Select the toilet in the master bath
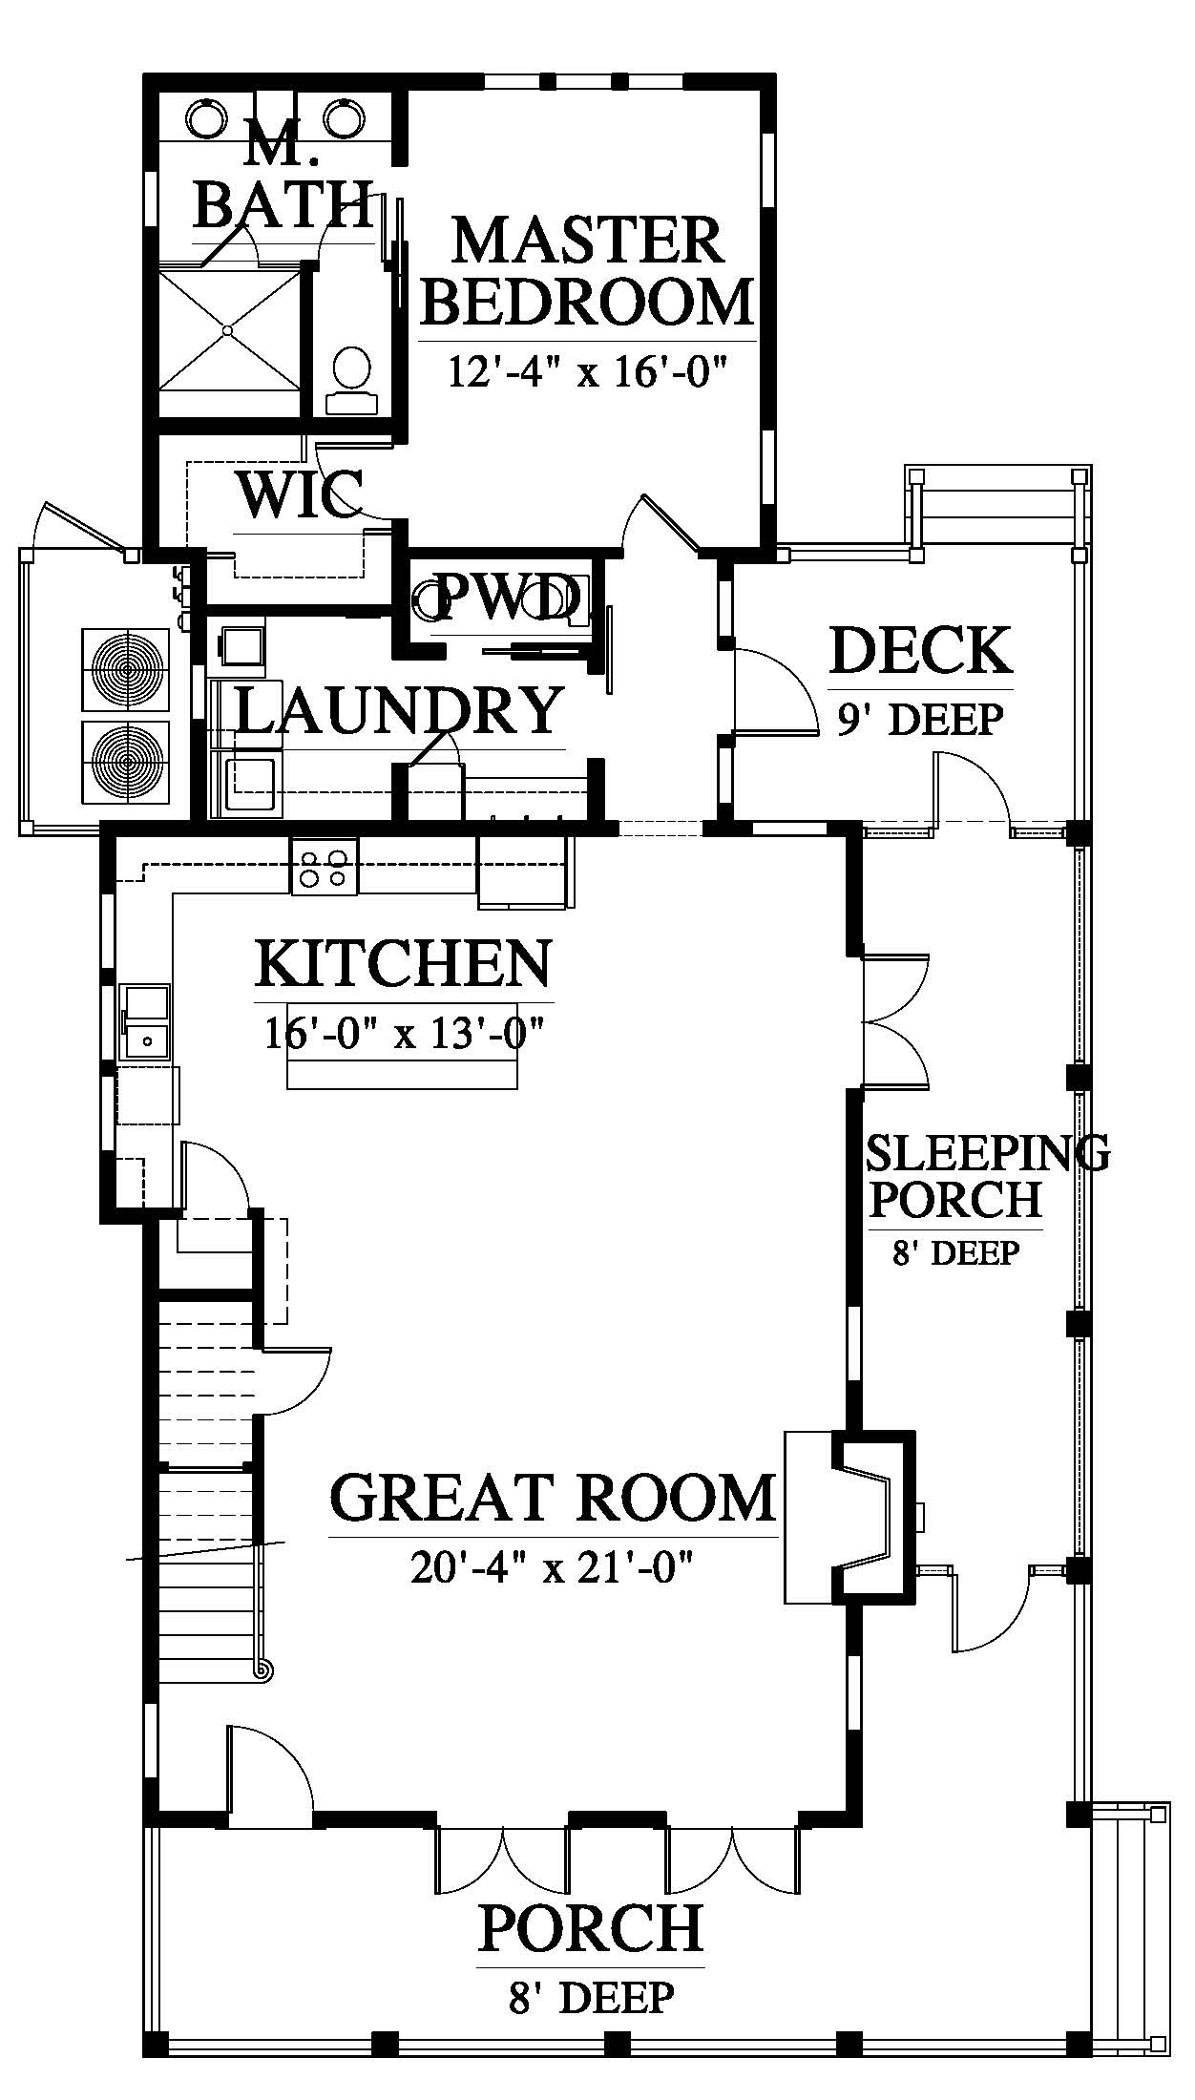tap(351, 379)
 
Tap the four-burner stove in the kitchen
tap(325, 866)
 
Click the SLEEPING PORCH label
tap(988, 1176)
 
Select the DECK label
tap(921, 651)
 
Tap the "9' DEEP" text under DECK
tap(921, 719)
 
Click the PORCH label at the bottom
tap(591, 1927)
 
